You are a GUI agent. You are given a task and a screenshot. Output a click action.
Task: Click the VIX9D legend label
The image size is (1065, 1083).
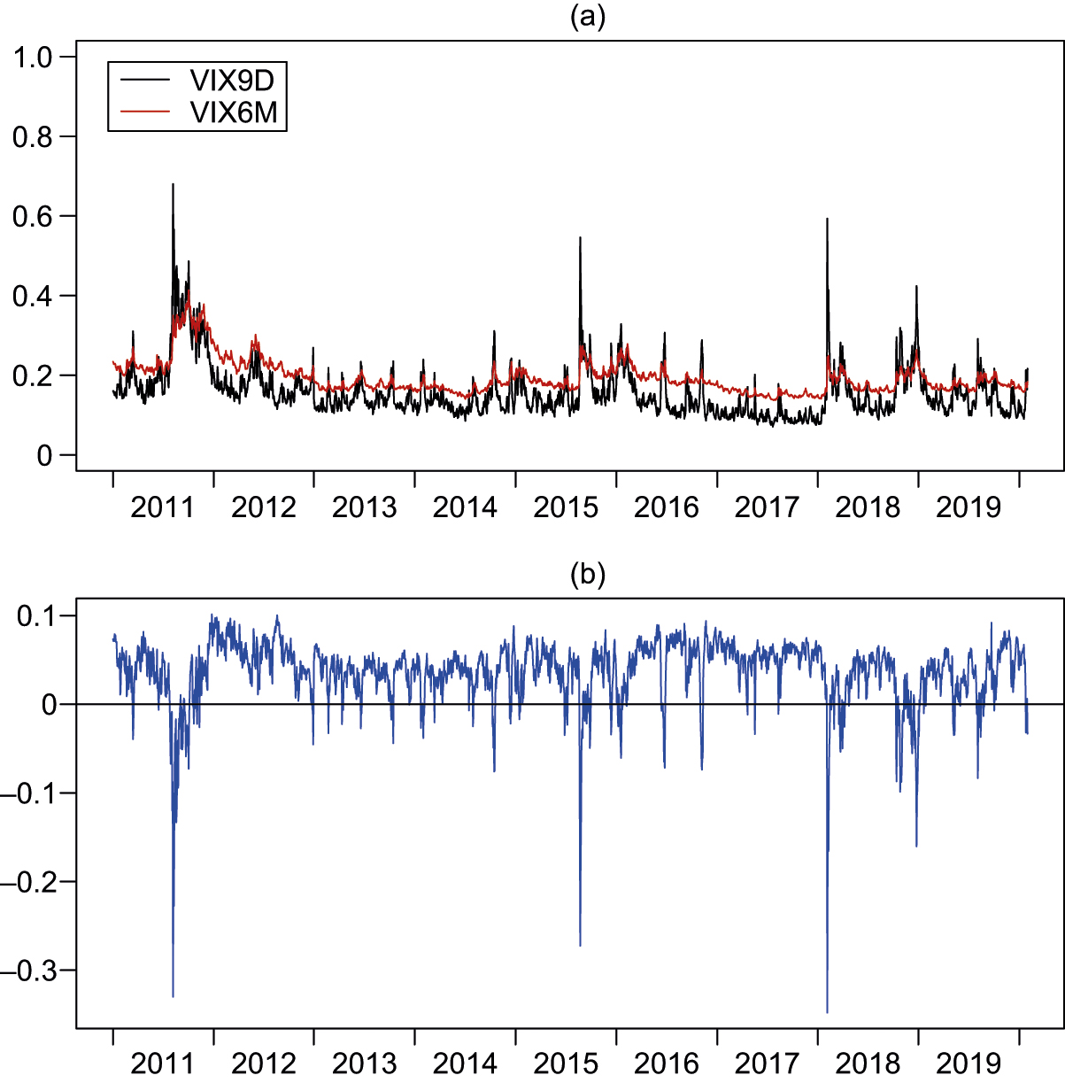(x=232, y=81)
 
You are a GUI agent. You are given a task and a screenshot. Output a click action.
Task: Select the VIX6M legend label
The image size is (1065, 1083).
(x=233, y=112)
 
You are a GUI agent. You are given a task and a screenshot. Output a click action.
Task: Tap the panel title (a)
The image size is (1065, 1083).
(x=588, y=17)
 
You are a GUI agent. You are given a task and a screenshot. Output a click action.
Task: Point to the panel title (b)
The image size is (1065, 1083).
(x=588, y=576)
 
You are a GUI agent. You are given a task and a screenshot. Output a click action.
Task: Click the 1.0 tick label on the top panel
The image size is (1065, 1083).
(x=34, y=58)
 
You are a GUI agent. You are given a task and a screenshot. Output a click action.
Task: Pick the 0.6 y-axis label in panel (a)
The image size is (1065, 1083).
(x=34, y=216)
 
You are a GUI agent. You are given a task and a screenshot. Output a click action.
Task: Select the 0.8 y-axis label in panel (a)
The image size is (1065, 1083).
(x=34, y=136)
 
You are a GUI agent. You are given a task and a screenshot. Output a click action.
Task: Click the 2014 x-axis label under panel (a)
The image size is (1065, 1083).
(x=465, y=507)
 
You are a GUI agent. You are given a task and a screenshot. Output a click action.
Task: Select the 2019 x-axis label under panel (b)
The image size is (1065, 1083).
(x=969, y=1063)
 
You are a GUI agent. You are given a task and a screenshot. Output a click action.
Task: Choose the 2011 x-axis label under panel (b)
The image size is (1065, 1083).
(x=162, y=1063)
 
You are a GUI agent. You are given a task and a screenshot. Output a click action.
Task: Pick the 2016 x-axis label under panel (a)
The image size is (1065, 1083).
(x=667, y=507)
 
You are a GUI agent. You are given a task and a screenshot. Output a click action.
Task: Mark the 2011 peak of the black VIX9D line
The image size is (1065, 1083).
(x=173, y=184)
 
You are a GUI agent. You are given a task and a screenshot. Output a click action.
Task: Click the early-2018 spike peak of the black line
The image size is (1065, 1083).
(x=827, y=219)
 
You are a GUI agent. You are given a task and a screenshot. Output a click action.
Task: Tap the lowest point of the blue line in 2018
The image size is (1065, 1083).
(x=827, y=1012)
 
